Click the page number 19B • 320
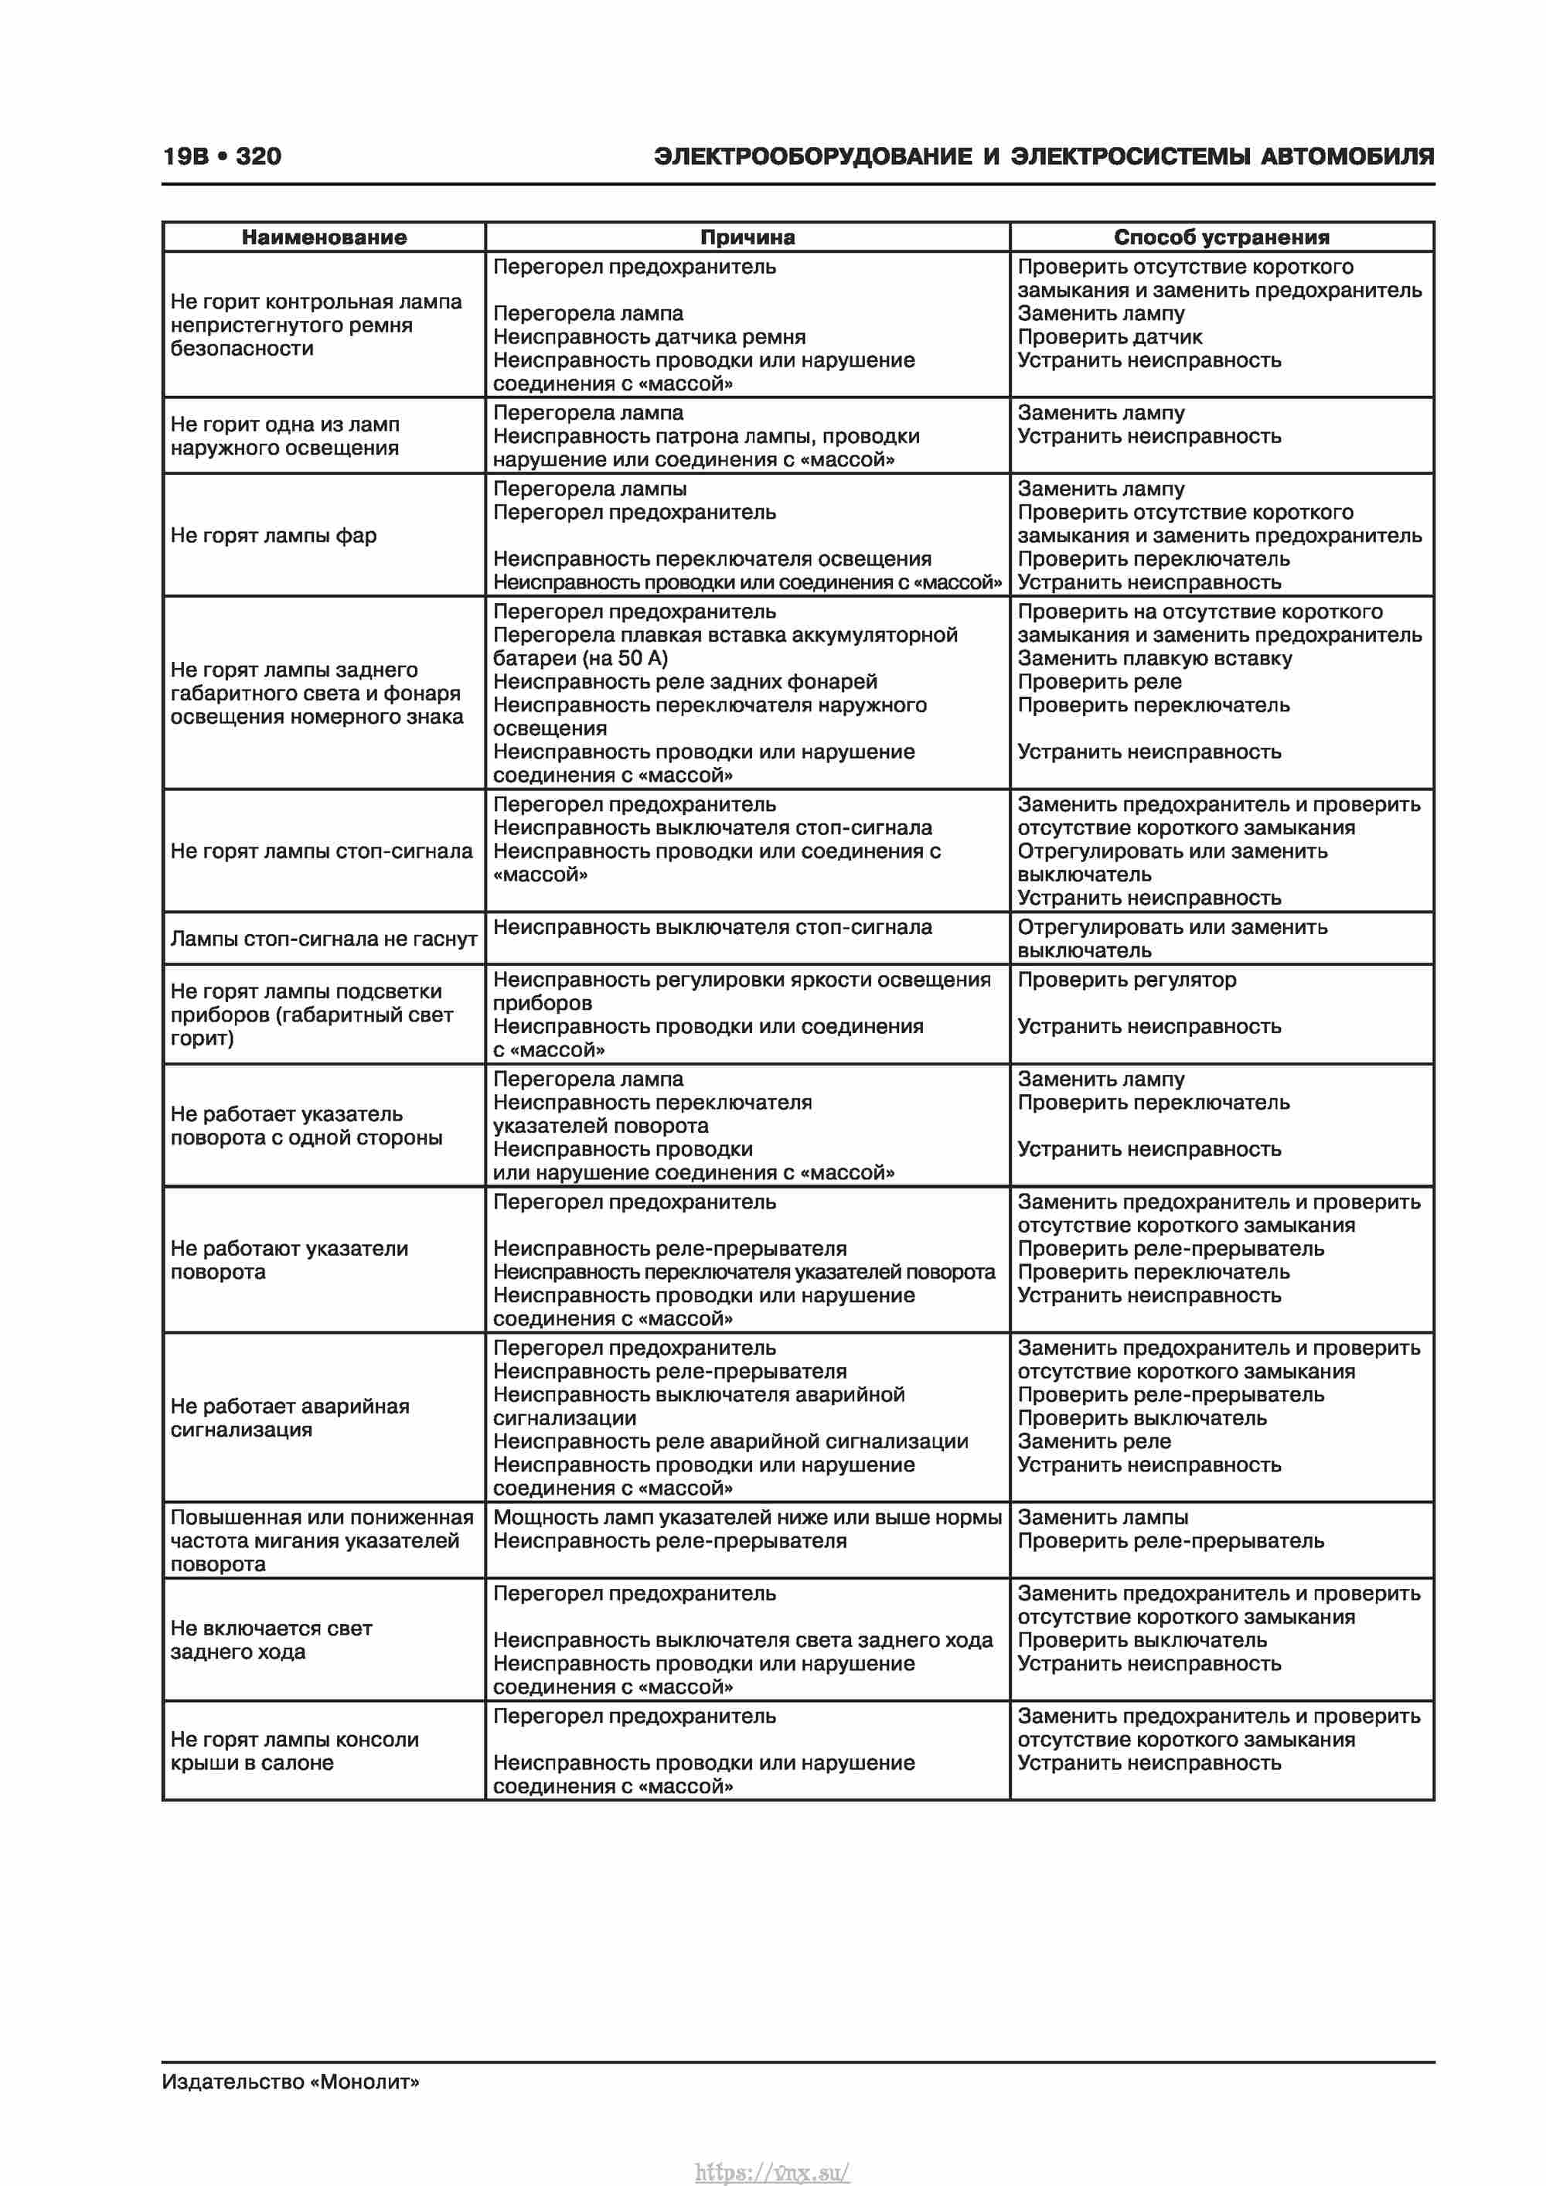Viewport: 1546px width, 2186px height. click(222, 156)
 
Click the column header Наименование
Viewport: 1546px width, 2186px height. click(324, 237)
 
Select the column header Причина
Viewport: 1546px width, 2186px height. click(747, 237)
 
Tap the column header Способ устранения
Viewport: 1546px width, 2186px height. click(1221, 237)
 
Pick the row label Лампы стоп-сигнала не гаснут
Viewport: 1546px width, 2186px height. click(324, 939)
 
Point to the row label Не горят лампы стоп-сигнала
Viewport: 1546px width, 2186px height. click(322, 851)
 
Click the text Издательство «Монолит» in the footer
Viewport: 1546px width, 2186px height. click(291, 2082)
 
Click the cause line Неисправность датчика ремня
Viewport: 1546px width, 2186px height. click(649, 337)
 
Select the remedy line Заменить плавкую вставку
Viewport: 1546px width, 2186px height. click(1155, 659)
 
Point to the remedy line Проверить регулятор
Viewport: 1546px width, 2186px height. click(1126, 980)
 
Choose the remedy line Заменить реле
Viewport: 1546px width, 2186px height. click(1094, 1441)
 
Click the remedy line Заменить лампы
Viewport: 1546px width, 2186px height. click(1102, 1518)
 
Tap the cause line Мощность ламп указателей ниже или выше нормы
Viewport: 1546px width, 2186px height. click(747, 1518)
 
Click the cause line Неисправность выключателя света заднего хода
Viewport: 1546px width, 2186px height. click(743, 1640)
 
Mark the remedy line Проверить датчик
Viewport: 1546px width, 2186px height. click(1109, 337)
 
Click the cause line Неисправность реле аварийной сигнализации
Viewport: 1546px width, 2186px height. click(730, 1441)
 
